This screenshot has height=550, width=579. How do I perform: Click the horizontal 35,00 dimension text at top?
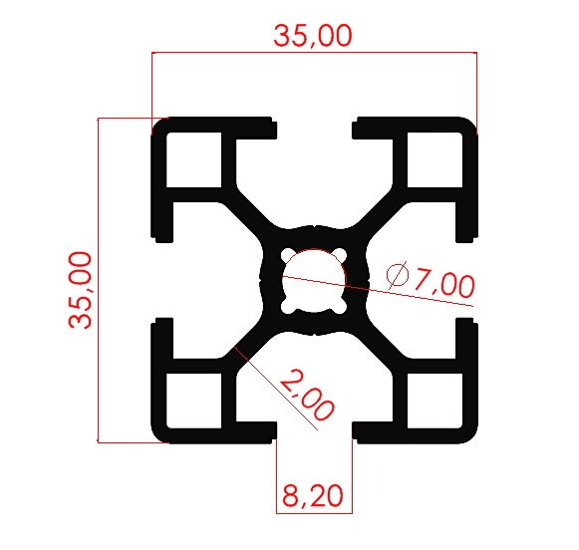[313, 36]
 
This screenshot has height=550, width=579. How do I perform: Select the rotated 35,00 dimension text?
[81, 289]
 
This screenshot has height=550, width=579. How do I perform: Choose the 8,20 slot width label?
[314, 495]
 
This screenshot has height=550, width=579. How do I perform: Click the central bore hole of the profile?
[314, 279]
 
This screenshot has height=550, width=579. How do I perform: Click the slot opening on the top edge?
[314, 127]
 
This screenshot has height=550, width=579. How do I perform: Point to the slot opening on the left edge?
[159, 280]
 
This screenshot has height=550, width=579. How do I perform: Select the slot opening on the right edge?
[468, 280]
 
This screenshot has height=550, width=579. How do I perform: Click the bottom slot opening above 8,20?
[314, 431]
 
